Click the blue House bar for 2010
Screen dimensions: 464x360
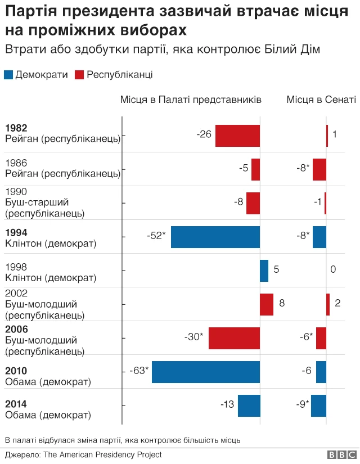click(206, 372)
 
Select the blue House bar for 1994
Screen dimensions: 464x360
click(215, 237)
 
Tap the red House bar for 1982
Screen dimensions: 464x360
click(237, 136)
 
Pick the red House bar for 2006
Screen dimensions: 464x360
click(234, 338)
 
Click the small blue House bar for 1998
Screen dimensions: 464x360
click(264, 271)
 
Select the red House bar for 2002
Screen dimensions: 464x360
click(267, 304)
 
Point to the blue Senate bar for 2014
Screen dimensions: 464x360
click(318, 406)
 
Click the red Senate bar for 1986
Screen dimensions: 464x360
click(319, 169)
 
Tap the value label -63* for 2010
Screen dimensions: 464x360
click(139, 371)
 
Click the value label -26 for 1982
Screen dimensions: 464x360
click(204, 134)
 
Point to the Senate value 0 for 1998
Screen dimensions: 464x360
click(333, 270)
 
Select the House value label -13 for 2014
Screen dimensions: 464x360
click(227, 404)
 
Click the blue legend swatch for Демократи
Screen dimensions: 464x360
click(8, 75)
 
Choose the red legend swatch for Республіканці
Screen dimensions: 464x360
click(79, 75)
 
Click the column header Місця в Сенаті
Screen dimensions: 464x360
click(321, 100)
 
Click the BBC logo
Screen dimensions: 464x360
click(341, 455)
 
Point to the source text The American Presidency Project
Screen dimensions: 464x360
click(102, 454)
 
